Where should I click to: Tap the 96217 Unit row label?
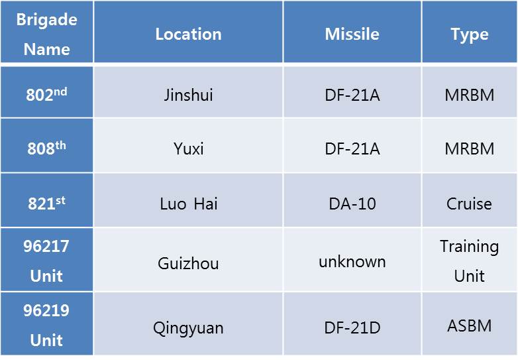46,261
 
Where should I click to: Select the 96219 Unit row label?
46,325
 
